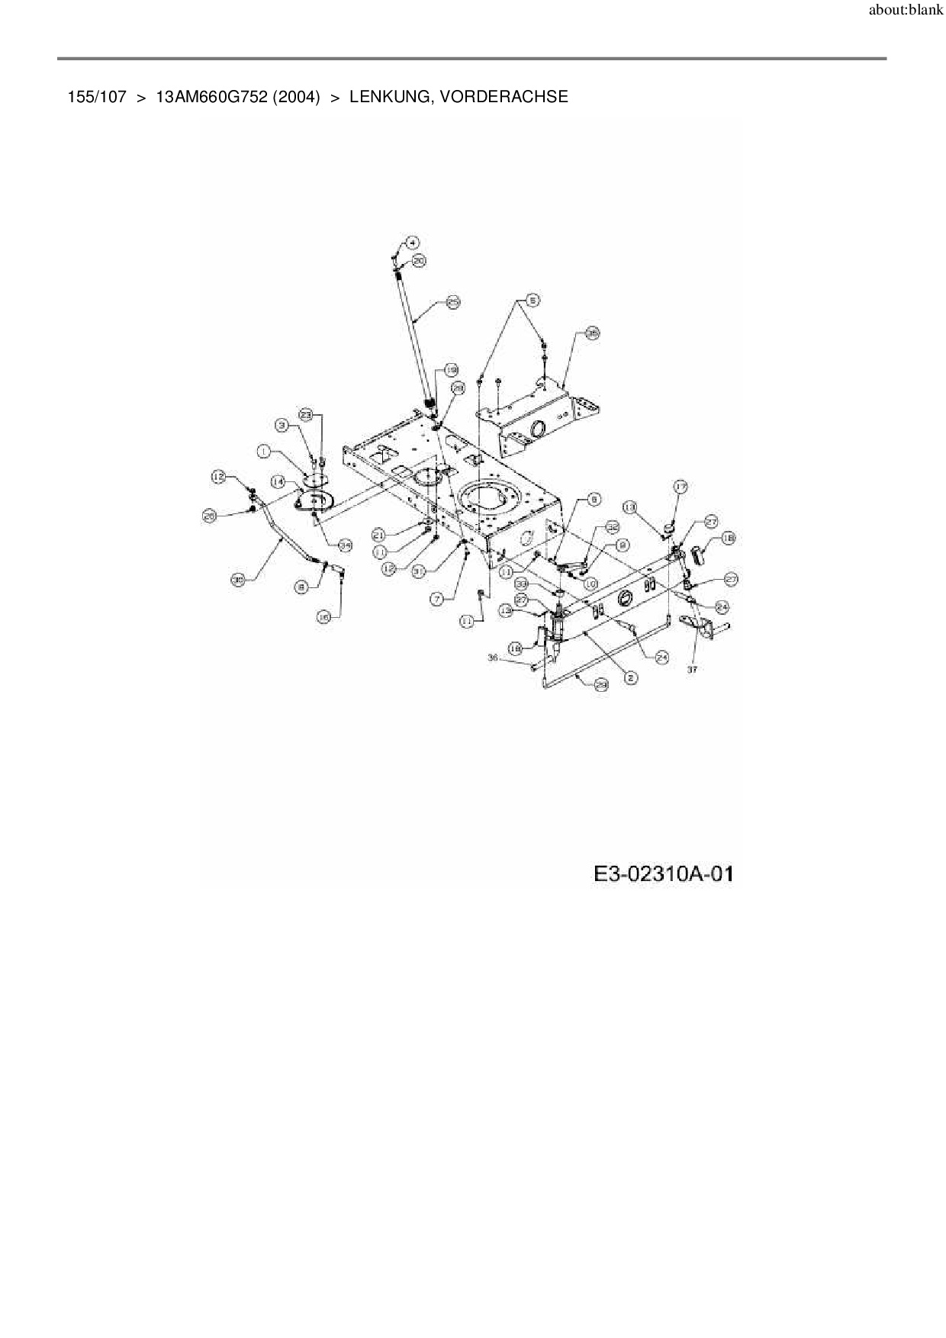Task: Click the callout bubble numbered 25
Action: pyautogui.click(x=453, y=303)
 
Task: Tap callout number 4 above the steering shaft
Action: pyautogui.click(x=411, y=243)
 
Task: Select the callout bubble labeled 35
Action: pyautogui.click(x=592, y=333)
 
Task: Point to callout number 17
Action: pyautogui.click(x=680, y=486)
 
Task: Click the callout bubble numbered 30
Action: pyautogui.click(x=238, y=581)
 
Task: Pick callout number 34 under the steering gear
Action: pyautogui.click(x=345, y=545)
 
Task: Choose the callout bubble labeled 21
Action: pyautogui.click(x=379, y=535)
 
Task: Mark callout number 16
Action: pyautogui.click(x=323, y=619)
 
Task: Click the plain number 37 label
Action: pyautogui.click(x=693, y=669)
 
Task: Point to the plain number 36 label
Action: pyautogui.click(x=492, y=658)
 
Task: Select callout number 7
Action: pyautogui.click(x=437, y=600)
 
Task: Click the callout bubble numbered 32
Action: pyautogui.click(x=612, y=527)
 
